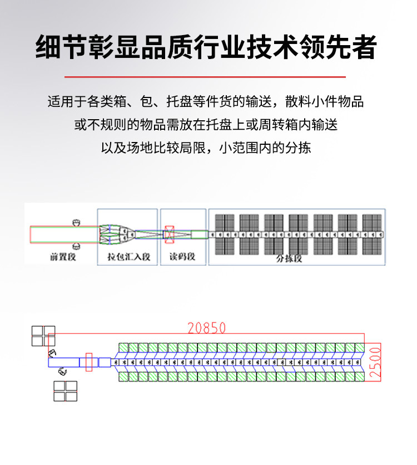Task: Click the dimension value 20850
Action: coord(207,327)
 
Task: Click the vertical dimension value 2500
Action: coord(376,363)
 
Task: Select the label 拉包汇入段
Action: coord(128,257)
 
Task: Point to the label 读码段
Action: coord(182,257)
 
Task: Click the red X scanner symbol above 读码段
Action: coord(169,234)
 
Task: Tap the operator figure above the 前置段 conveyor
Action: coord(77,223)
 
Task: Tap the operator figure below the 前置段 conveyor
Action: coord(77,245)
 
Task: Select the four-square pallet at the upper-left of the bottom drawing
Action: coord(43,336)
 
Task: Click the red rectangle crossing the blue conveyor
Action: coord(89,362)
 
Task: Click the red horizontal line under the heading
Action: coord(205,77)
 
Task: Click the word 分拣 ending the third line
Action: coord(300,148)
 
